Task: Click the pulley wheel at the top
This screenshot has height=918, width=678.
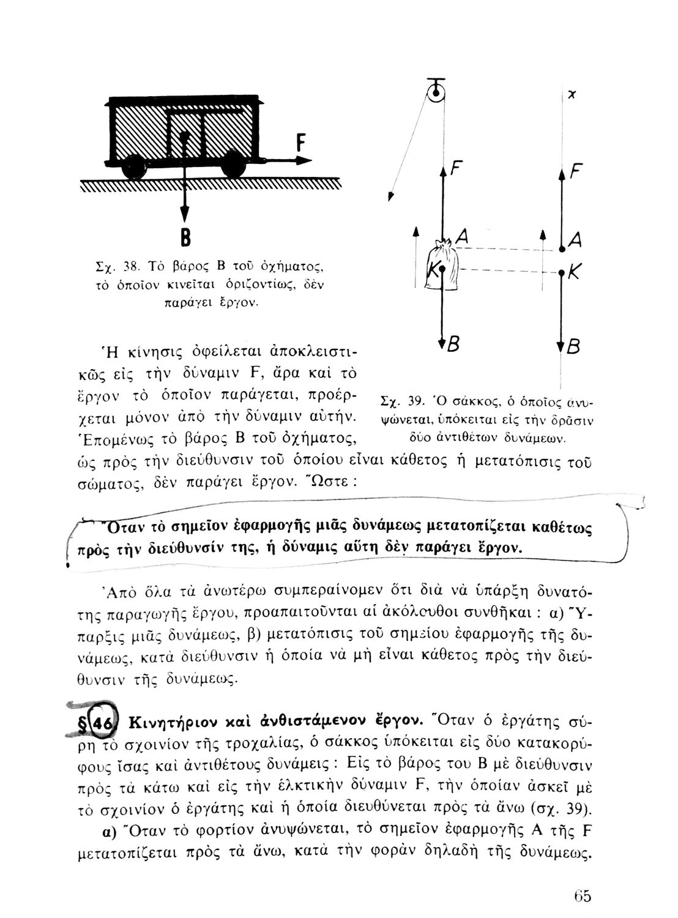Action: point(436,94)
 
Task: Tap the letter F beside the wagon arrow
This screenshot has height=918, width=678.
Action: point(300,143)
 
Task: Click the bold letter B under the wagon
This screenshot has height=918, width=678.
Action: point(182,238)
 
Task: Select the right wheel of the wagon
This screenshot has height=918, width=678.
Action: point(233,165)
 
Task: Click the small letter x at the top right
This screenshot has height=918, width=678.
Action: point(571,95)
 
